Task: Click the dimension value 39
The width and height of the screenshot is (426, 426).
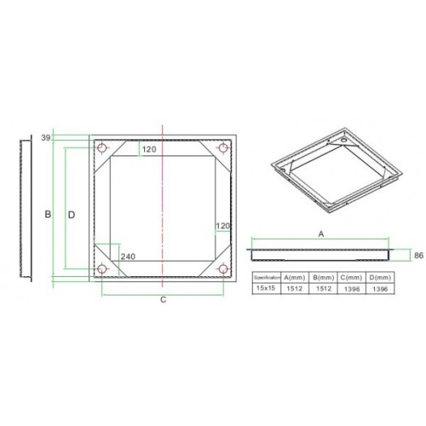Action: [45, 138]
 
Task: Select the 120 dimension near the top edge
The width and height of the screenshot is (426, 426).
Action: [150, 149]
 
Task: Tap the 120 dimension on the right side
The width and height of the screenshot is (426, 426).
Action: [224, 225]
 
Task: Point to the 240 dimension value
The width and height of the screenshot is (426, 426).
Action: [128, 257]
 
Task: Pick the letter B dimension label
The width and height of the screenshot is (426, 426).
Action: [48, 215]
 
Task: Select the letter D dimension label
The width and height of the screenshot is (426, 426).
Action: [71, 215]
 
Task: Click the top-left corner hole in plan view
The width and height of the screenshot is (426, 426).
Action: [102, 148]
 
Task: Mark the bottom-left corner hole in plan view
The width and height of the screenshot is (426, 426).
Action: [102, 270]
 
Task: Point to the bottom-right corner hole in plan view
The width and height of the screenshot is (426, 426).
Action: [224, 270]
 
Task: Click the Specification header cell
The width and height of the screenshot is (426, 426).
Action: [268, 277]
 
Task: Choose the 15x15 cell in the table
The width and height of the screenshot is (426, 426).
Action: [268, 288]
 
